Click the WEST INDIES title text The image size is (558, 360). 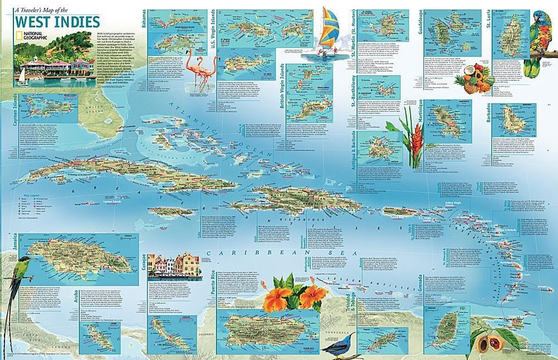tap(57, 22)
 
